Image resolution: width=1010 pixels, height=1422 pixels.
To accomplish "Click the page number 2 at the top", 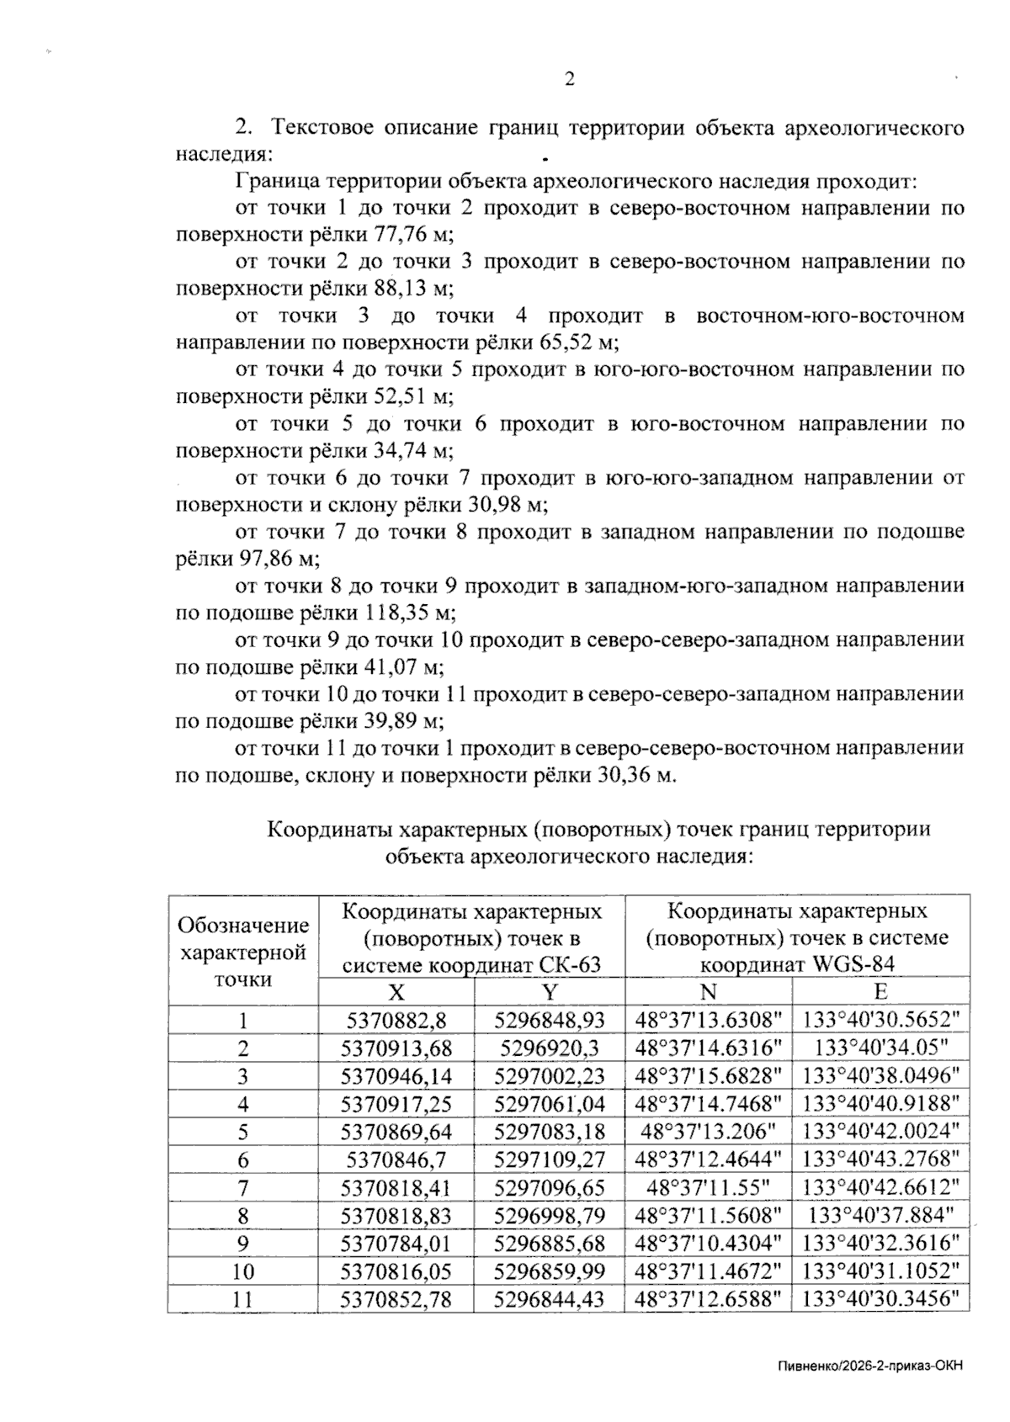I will coord(569,80).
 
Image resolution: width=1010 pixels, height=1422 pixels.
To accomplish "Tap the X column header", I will coord(396,992).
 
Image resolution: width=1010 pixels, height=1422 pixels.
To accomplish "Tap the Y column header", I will coord(550,992).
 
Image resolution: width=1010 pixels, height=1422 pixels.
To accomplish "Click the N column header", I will coord(709,992).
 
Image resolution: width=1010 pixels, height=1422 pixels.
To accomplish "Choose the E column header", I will coord(881,992).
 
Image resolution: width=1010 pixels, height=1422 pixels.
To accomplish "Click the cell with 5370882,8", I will coord(396,1021).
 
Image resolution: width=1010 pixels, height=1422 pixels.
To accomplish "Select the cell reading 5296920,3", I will coord(550,1048).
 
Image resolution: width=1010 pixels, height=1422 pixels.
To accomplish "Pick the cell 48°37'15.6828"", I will coord(709,1076).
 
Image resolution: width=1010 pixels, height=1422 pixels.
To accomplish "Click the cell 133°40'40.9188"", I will coord(881,1104).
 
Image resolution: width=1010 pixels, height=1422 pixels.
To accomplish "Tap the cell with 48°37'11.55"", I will coord(709,1187).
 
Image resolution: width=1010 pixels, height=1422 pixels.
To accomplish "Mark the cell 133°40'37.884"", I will coord(881,1215).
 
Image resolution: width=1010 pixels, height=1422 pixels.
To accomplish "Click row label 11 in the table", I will coord(242,1299).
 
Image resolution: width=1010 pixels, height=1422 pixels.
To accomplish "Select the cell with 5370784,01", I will coord(396,1243).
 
